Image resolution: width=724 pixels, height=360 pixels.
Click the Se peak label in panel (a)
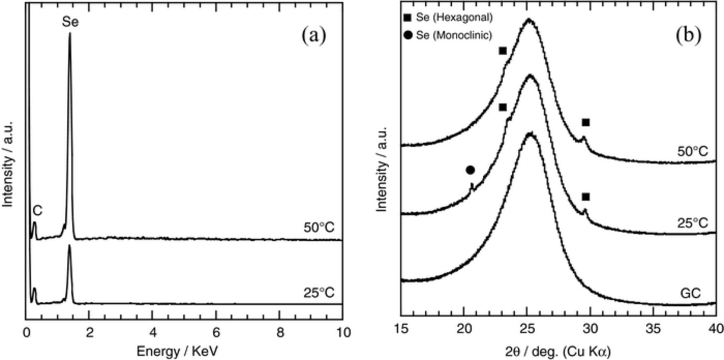pyautogui.click(x=70, y=22)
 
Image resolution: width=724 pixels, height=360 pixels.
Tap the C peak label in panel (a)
pyautogui.click(x=37, y=210)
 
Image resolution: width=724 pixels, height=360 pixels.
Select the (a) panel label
pyautogui.click(x=314, y=35)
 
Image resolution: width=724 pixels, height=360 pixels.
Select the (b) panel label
pyautogui.click(x=689, y=35)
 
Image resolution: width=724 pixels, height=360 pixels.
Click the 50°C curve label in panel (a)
pyautogui.click(x=319, y=228)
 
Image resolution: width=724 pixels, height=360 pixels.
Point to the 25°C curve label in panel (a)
pyautogui.click(x=319, y=292)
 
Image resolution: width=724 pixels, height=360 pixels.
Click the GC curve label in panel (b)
pyautogui.click(x=690, y=293)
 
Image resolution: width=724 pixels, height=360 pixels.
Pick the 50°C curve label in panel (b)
pyautogui.click(x=692, y=151)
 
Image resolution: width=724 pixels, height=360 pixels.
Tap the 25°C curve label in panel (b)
pyautogui.click(x=692, y=222)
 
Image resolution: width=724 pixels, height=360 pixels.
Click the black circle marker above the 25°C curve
pyautogui.click(x=470, y=170)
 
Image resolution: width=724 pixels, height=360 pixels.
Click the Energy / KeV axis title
pyautogui.click(x=177, y=351)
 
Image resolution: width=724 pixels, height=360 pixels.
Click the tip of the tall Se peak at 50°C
pyautogui.click(x=70, y=34)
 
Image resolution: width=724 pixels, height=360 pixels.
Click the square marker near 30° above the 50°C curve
pyautogui.click(x=586, y=122)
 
